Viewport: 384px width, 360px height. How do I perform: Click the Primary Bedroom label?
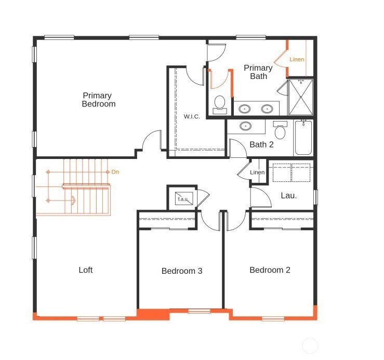click(99, 100)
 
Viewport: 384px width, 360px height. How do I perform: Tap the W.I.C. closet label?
click(192, 116)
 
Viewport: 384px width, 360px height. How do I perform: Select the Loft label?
click(85, 270)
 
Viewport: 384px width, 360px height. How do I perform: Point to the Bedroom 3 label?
click(182, 271)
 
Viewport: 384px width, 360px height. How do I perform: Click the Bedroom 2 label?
click(270, 270)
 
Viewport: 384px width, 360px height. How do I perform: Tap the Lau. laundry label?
click(289, 195)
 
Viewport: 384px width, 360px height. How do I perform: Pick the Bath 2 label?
click(261, 144)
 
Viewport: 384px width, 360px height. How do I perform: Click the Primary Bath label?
click(258, 72)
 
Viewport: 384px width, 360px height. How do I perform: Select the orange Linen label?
click(297, 59)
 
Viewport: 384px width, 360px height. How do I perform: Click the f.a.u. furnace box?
click(184, 198)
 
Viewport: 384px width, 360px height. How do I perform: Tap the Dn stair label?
click(115, 172)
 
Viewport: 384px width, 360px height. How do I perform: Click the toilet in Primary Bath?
click(220, 105)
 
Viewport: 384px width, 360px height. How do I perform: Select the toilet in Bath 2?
click(280, 130)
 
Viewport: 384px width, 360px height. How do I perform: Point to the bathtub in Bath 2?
click(303, 137)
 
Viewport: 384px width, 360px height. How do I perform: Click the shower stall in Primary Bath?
click(301, 97)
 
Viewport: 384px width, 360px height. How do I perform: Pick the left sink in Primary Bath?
click(244, 109)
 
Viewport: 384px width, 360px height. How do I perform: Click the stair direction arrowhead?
click(73, 201)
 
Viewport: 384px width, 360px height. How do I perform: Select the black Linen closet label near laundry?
click(257, 172)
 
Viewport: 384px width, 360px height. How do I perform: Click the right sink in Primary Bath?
click(267, 109)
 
